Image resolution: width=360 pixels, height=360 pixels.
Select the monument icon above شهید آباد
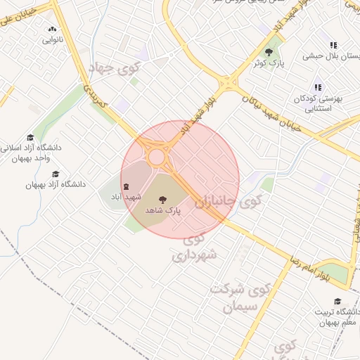(x=127, y=187)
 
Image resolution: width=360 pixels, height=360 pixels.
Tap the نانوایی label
(x=51, y=39)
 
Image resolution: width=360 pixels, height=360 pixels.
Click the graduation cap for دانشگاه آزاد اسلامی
(x=30, y=137)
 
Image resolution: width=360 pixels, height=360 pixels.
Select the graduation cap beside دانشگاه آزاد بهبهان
(x=56, y=174)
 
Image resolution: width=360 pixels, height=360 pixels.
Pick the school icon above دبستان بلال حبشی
(x=333, y=45)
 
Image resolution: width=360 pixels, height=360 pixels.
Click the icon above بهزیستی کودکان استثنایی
(x=318, y=87)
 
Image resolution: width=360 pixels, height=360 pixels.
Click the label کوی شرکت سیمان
(x=239, y=297)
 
